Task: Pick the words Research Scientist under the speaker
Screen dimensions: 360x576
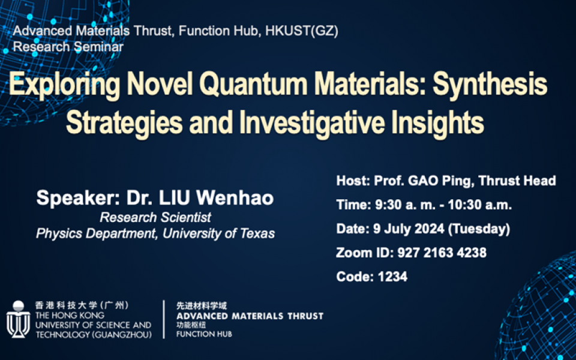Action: pos(155,217)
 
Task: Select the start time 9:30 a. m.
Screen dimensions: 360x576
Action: pos(400,205)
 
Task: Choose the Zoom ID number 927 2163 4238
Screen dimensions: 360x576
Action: pos(442,253)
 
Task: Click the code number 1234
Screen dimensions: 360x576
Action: pos(392,277)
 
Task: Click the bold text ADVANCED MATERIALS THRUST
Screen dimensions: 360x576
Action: pos(250,316)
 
